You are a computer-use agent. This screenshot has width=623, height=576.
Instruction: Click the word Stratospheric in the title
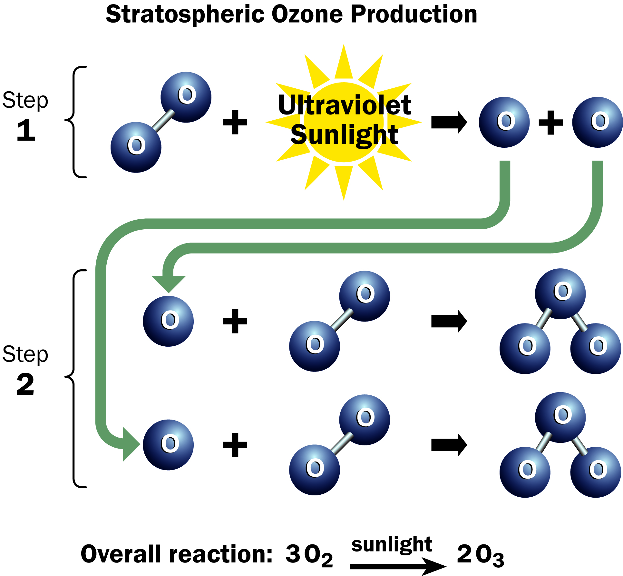pos(185,15)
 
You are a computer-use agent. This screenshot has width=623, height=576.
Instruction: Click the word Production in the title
pos(414,14)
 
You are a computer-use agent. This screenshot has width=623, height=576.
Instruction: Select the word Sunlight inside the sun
pos(344,135)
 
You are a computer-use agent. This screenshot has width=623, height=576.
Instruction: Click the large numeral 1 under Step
pos(26,130)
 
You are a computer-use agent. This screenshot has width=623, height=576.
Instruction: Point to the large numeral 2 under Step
pos(25,384)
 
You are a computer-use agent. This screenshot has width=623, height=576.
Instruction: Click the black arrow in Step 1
pos(449,122)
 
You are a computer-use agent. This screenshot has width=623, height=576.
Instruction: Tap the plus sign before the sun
pos(235,122)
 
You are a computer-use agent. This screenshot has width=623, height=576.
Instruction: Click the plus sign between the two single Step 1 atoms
pos(551,122)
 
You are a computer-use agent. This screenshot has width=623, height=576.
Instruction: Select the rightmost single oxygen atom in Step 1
pos(598,122)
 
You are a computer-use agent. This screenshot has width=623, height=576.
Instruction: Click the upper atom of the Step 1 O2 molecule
pos(186,97)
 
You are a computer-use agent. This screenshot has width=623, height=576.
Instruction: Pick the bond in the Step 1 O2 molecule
pos(163,121)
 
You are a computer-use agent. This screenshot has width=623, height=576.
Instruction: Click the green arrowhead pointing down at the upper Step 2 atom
pos(169,284)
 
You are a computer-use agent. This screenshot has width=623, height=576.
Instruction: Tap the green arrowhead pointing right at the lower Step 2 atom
pos(131,444)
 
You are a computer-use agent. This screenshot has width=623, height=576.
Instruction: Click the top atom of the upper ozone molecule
pos(560,294)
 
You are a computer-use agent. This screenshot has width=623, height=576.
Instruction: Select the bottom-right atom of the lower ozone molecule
pos(596,472)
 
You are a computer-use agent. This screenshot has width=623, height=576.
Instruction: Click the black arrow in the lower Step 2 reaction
pos(449,445)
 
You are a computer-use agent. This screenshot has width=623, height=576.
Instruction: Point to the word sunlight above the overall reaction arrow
pos(392,544)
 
